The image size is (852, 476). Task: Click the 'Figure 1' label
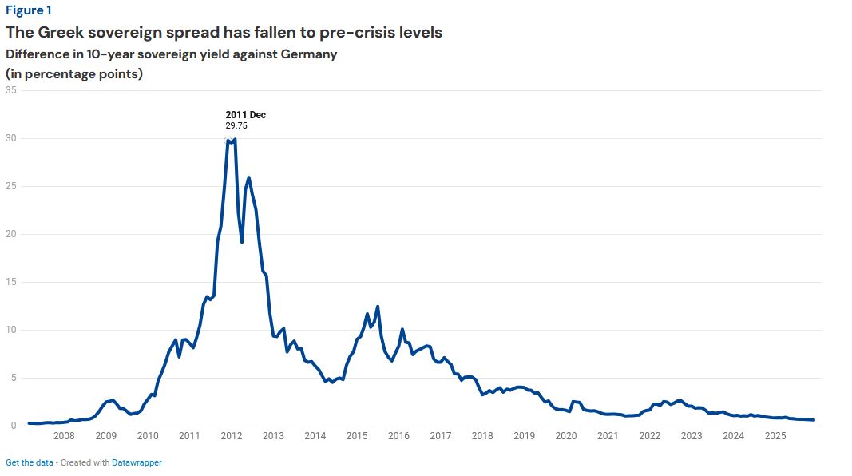pyautogui.click(x=28, y=10)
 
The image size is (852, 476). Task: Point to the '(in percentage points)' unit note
pyautogui.click(x=74, y=73)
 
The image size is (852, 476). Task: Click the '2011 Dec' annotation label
pyautogui.click(x=245, y=115)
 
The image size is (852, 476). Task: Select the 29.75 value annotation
pyautogui.click(x=236, y=125)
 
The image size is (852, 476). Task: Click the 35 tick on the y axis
pyautogui.click(x=11, y=90)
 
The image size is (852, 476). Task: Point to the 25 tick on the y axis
pyautogui.click(x=11, y=186)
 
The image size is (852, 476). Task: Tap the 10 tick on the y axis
pyautogui.click(x=11, y=330)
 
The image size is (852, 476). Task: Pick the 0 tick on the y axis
pyautogui.click(x=14, y=426)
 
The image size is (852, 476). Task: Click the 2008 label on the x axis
pyautogui.click(x=64, y=436)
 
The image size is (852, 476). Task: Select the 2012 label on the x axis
pyautogui.click(x=232, y=436)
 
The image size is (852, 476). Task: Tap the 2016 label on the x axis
pyautogui.click(x=398, y=436)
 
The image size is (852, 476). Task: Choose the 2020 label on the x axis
pyautogui.click(x=566, y=436)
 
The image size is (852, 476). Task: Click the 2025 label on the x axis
pyautogui.click(x=775, y=436)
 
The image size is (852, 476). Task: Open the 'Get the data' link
pyautogui.click(x=30, y=462)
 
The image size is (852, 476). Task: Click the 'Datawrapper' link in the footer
pyautogui.click(x=137, y=462)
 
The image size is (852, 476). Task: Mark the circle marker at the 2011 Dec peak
pyautogui.click(x=228, y=140)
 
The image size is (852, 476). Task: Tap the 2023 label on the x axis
pyautogui.click(x=692, y=436)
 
